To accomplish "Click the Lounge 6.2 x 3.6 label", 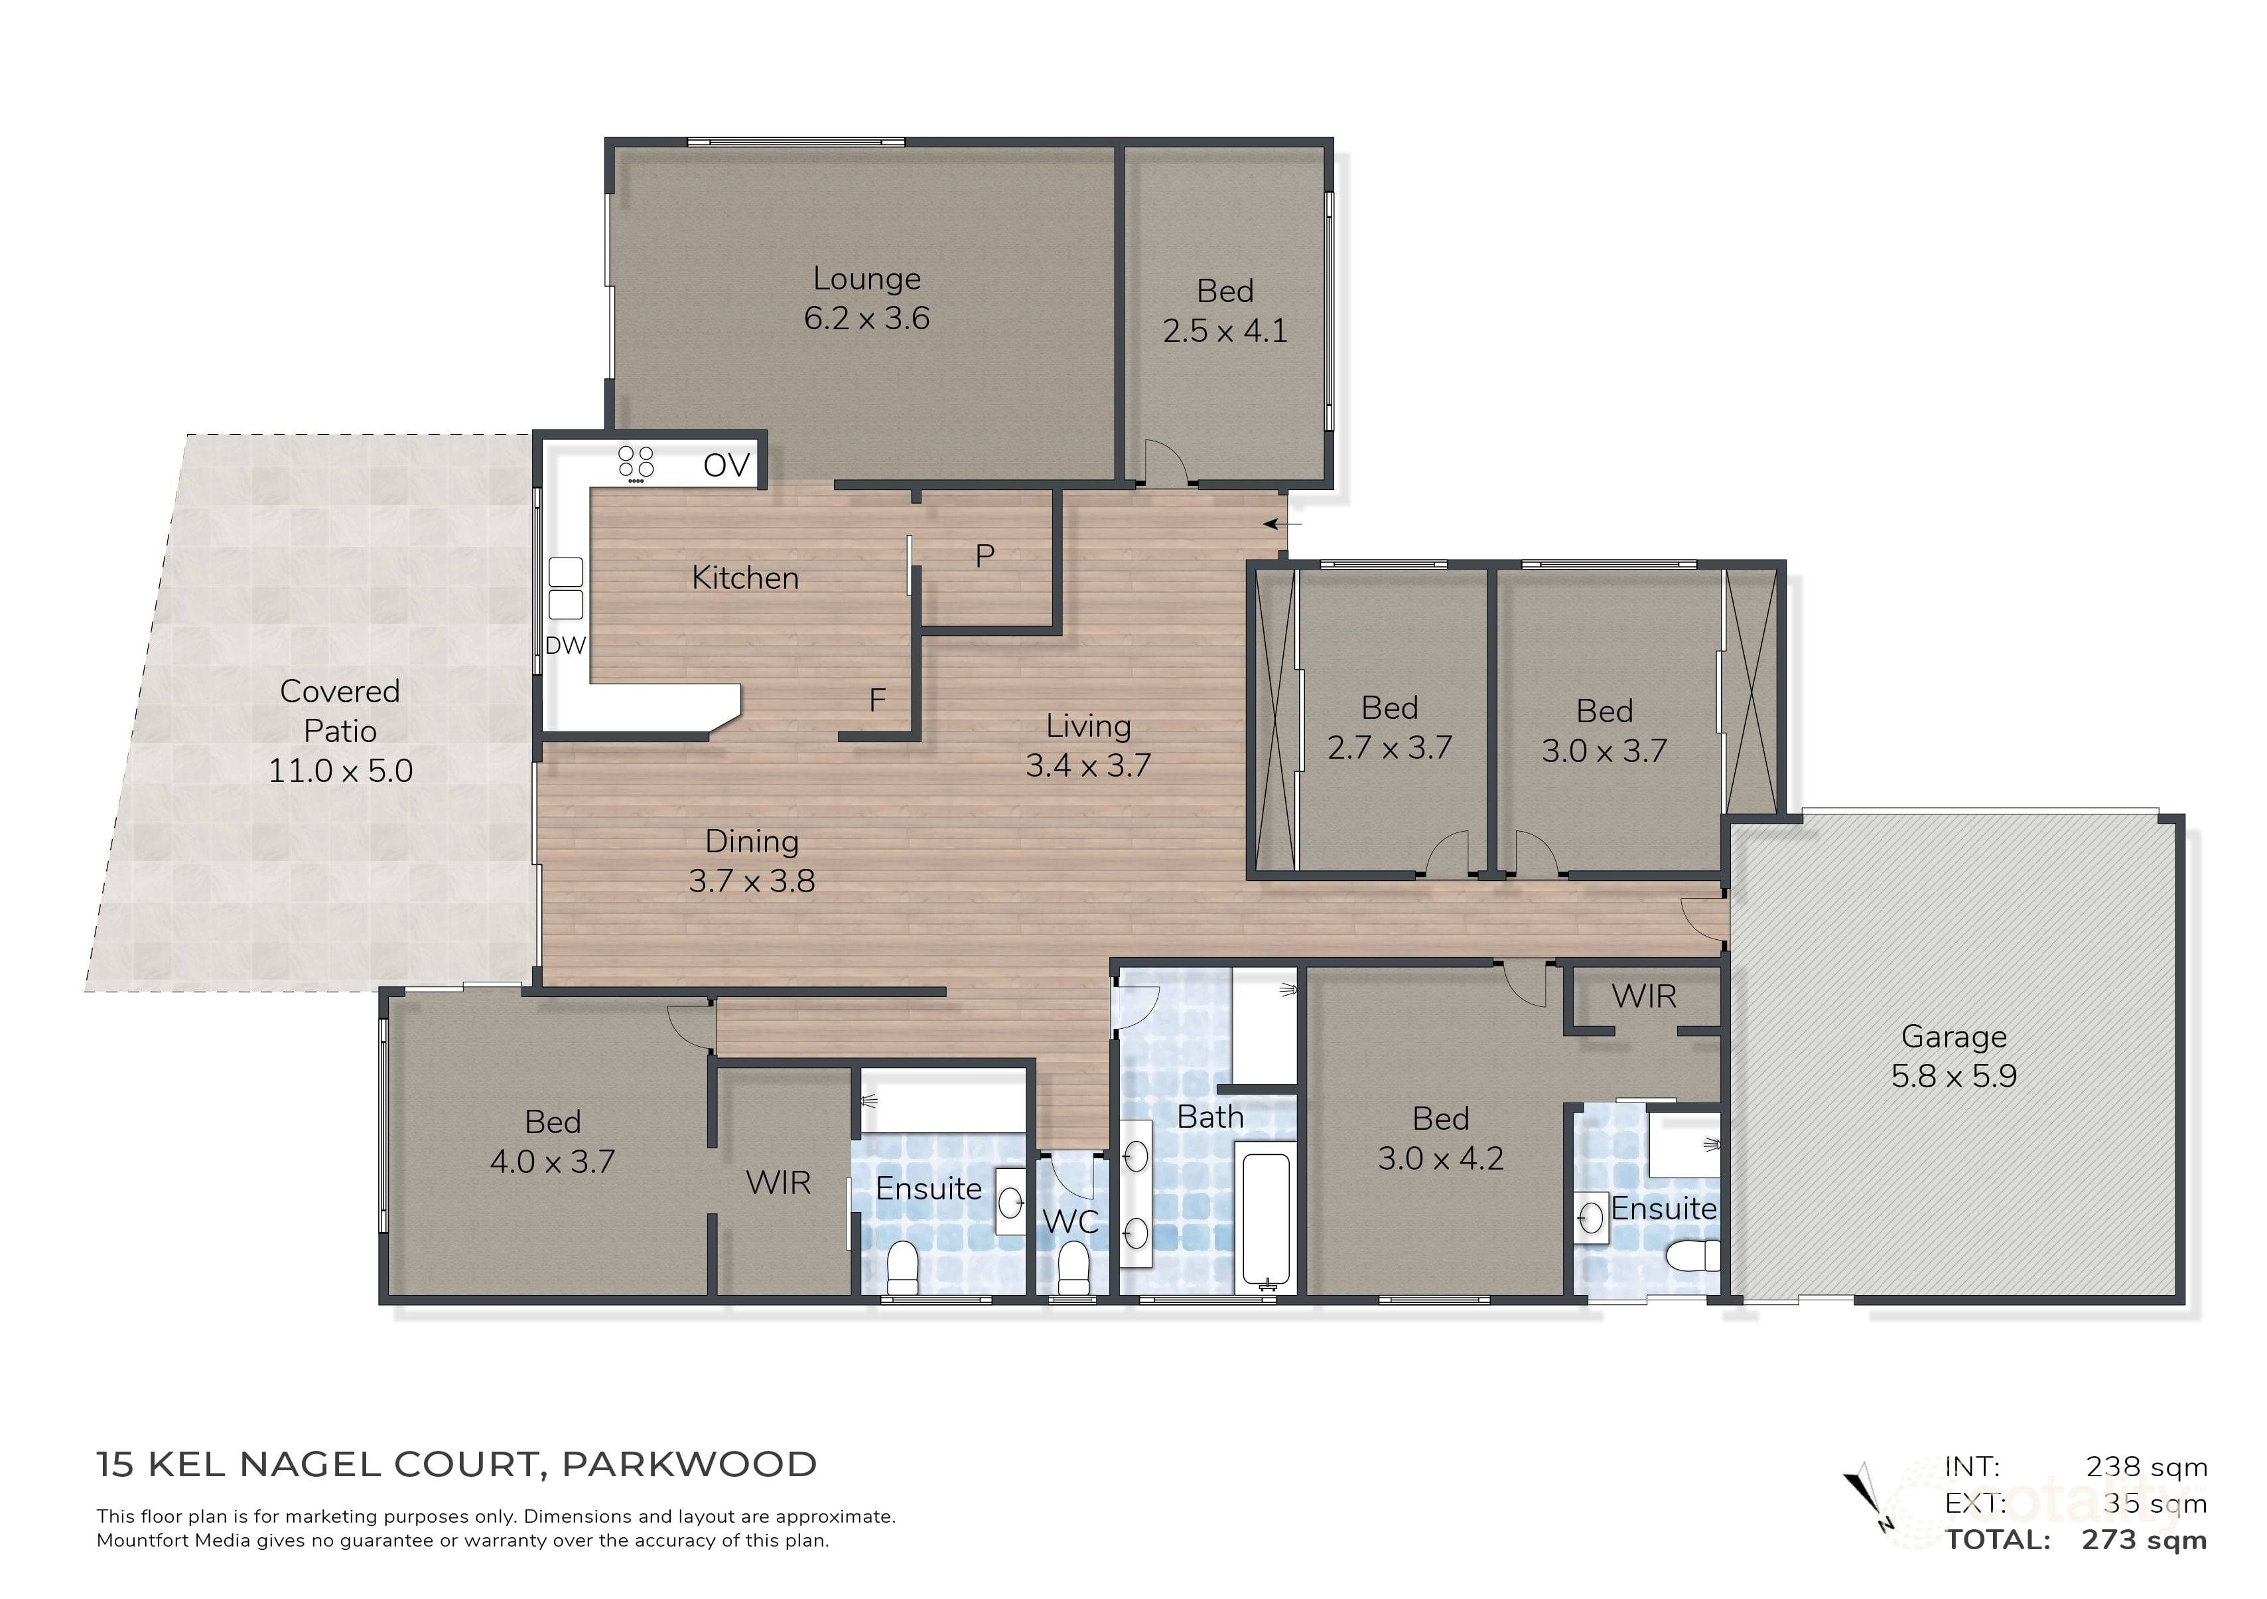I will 866,298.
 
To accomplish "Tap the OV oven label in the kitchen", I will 726,465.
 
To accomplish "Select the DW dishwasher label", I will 566,646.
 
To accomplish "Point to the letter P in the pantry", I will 985,557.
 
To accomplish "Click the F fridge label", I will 877,701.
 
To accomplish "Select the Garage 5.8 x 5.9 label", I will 1953,1056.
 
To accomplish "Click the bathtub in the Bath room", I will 1266,1222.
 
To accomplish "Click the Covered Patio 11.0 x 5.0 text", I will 340,731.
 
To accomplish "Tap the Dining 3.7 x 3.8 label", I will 752,861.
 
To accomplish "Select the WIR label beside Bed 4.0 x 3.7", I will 778,1182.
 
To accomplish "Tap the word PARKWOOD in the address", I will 689,1465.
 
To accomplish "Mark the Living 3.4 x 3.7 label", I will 1088,745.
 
